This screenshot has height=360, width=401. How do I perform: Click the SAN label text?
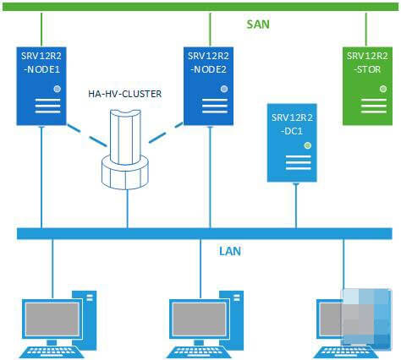tap(258, 25)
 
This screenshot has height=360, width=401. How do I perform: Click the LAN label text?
tap(230, 251)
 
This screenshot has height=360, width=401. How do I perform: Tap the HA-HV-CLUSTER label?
tap(125, 94)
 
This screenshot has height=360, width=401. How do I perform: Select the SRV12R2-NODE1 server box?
tap(41, 86)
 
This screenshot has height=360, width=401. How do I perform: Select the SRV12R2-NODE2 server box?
tap(208, 86)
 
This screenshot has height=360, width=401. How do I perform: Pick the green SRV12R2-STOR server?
tap(367, 86)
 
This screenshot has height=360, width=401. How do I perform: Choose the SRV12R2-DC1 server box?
tap(292, 143)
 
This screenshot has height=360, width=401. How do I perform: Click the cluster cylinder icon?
tap(125, 150)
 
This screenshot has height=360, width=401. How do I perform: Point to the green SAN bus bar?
tap(200, 7)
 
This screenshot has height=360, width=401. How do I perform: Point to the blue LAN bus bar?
tap(205, 233)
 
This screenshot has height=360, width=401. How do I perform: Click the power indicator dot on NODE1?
tap(58, 89)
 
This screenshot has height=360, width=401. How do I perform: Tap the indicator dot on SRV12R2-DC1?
tap(308, 145)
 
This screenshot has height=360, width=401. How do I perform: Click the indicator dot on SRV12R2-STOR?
tap(383, 89)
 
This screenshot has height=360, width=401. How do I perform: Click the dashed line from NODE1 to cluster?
tap(87, 135)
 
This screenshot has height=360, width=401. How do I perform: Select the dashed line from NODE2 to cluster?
tap(166, 133)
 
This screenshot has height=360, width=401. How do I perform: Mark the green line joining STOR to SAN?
tap(366, 29)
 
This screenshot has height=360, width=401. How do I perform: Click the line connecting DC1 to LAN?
tap(296, 205)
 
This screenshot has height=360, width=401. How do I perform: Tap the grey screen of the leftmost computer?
tap(52, 319)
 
